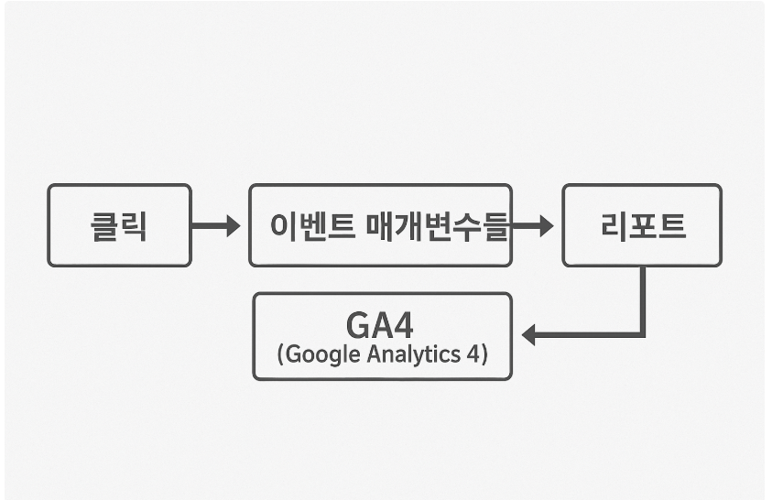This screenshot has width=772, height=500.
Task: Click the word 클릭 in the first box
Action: tap(119, 225)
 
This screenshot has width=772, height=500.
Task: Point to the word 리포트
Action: tap(643, 225)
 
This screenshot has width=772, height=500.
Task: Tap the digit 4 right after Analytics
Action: tap(471, 353)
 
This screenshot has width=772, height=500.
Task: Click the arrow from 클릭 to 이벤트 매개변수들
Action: tap(215, 225)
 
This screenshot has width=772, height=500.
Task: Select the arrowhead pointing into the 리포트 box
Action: tap(547, 225)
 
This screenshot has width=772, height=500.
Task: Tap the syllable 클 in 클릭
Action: tap(104, 225)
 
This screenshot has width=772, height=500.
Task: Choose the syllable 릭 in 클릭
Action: tap(134, 225)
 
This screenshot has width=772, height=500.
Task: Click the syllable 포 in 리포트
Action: tap(643, 225)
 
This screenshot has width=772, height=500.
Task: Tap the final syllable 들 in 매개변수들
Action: tap(495, 225)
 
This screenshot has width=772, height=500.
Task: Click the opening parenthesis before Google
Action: tap(280, 354)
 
